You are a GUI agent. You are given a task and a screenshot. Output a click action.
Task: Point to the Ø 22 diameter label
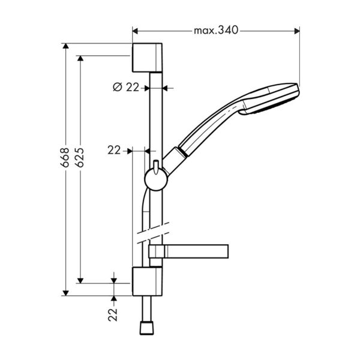(x=126, y=87)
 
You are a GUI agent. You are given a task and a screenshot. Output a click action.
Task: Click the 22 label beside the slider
(x=114, y=151)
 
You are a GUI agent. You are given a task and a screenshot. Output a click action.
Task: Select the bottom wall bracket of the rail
(x=146, y=281)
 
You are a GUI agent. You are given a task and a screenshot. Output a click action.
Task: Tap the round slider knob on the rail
(x=154, y=178)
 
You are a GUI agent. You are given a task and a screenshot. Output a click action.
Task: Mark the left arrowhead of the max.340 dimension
(x=135, y=29)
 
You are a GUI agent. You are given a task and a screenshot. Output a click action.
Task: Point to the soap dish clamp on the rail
(x=157, y=253)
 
